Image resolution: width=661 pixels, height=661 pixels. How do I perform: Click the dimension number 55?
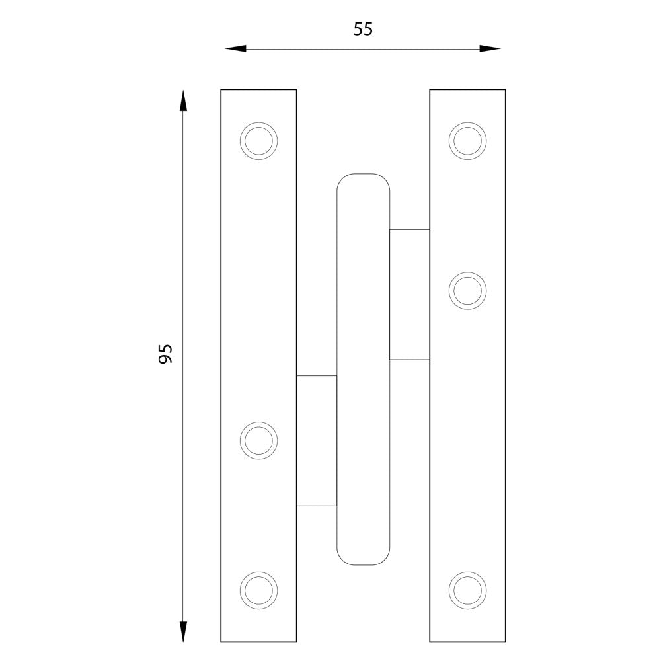[x=363, y=30]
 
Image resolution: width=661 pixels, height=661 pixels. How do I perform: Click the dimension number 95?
[x=165, y=354]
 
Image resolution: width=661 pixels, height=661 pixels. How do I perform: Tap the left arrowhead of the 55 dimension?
[x=235, y=49]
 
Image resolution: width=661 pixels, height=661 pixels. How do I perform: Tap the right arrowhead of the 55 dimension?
[x=490, y=48]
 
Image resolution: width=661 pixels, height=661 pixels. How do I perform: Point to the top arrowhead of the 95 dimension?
[x=182, y=100]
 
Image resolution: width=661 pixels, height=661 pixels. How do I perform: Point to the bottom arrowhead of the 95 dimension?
[x=182, y=631]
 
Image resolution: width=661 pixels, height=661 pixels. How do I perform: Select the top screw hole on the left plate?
[x=259, y=141]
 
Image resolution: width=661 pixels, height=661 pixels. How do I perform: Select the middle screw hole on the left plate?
[x=259, y=440]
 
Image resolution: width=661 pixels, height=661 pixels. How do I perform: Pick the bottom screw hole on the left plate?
[x=259, y=590]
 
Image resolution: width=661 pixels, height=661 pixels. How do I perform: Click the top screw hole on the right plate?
[x=467, y=141]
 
